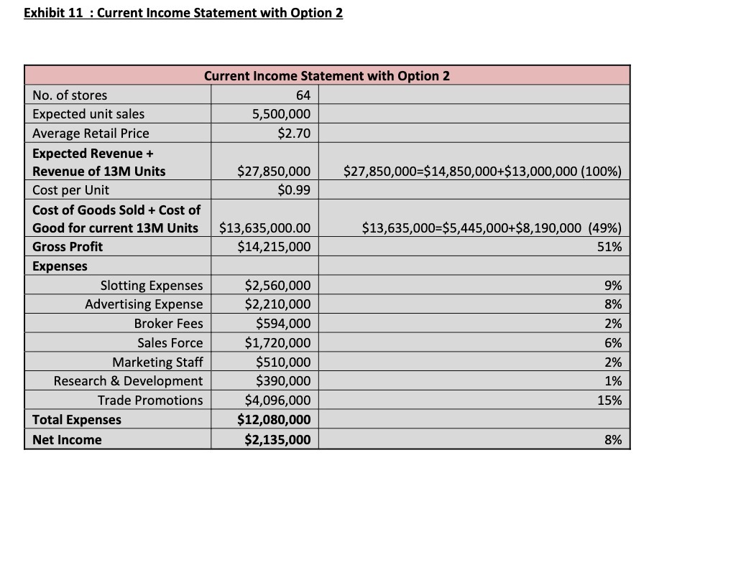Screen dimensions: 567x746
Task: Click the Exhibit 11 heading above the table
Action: point(183,13)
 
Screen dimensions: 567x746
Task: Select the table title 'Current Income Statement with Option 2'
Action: point(327,76)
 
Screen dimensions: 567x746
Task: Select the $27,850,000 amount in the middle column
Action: point(274,171)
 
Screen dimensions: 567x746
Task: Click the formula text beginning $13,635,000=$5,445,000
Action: point(492,228)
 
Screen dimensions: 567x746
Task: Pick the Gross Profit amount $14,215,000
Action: point(274,247)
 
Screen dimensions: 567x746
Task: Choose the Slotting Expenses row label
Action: point(152,286)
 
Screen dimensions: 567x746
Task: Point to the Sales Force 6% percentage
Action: point(613,343)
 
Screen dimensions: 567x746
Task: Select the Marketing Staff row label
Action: point(157,362)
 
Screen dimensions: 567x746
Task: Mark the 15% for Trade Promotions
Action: point(610,400)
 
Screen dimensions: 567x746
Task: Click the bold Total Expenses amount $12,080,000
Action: point(274,420)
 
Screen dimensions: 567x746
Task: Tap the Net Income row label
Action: point(67,440)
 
